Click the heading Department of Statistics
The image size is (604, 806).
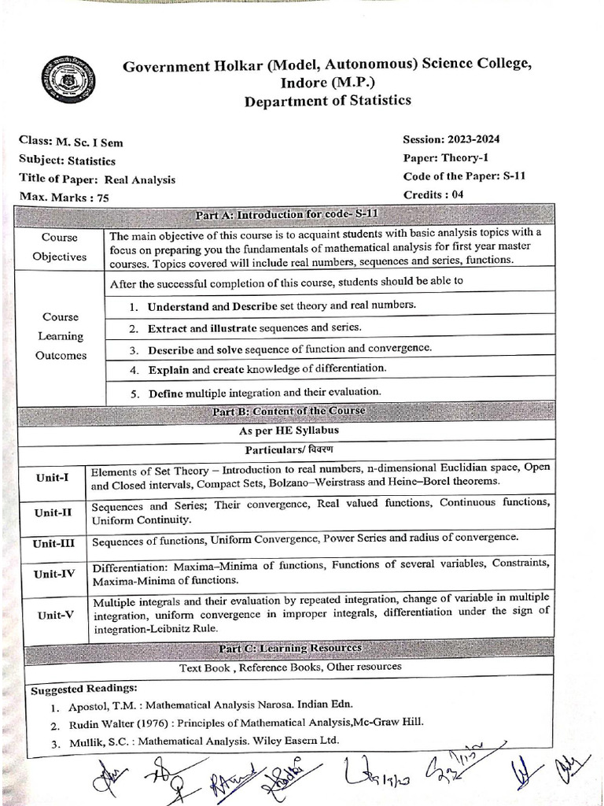point(327,101)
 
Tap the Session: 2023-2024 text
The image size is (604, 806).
point(451,140)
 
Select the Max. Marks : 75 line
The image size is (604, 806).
point(64,198)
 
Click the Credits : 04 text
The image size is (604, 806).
point(433,194)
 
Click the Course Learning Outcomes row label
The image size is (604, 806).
point(61,336)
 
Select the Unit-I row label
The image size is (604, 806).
point(52,478)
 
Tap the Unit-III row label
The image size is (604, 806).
point(53,542)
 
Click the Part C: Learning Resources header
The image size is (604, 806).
point(289,648)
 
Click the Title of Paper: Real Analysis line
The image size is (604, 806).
point(98,179)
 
